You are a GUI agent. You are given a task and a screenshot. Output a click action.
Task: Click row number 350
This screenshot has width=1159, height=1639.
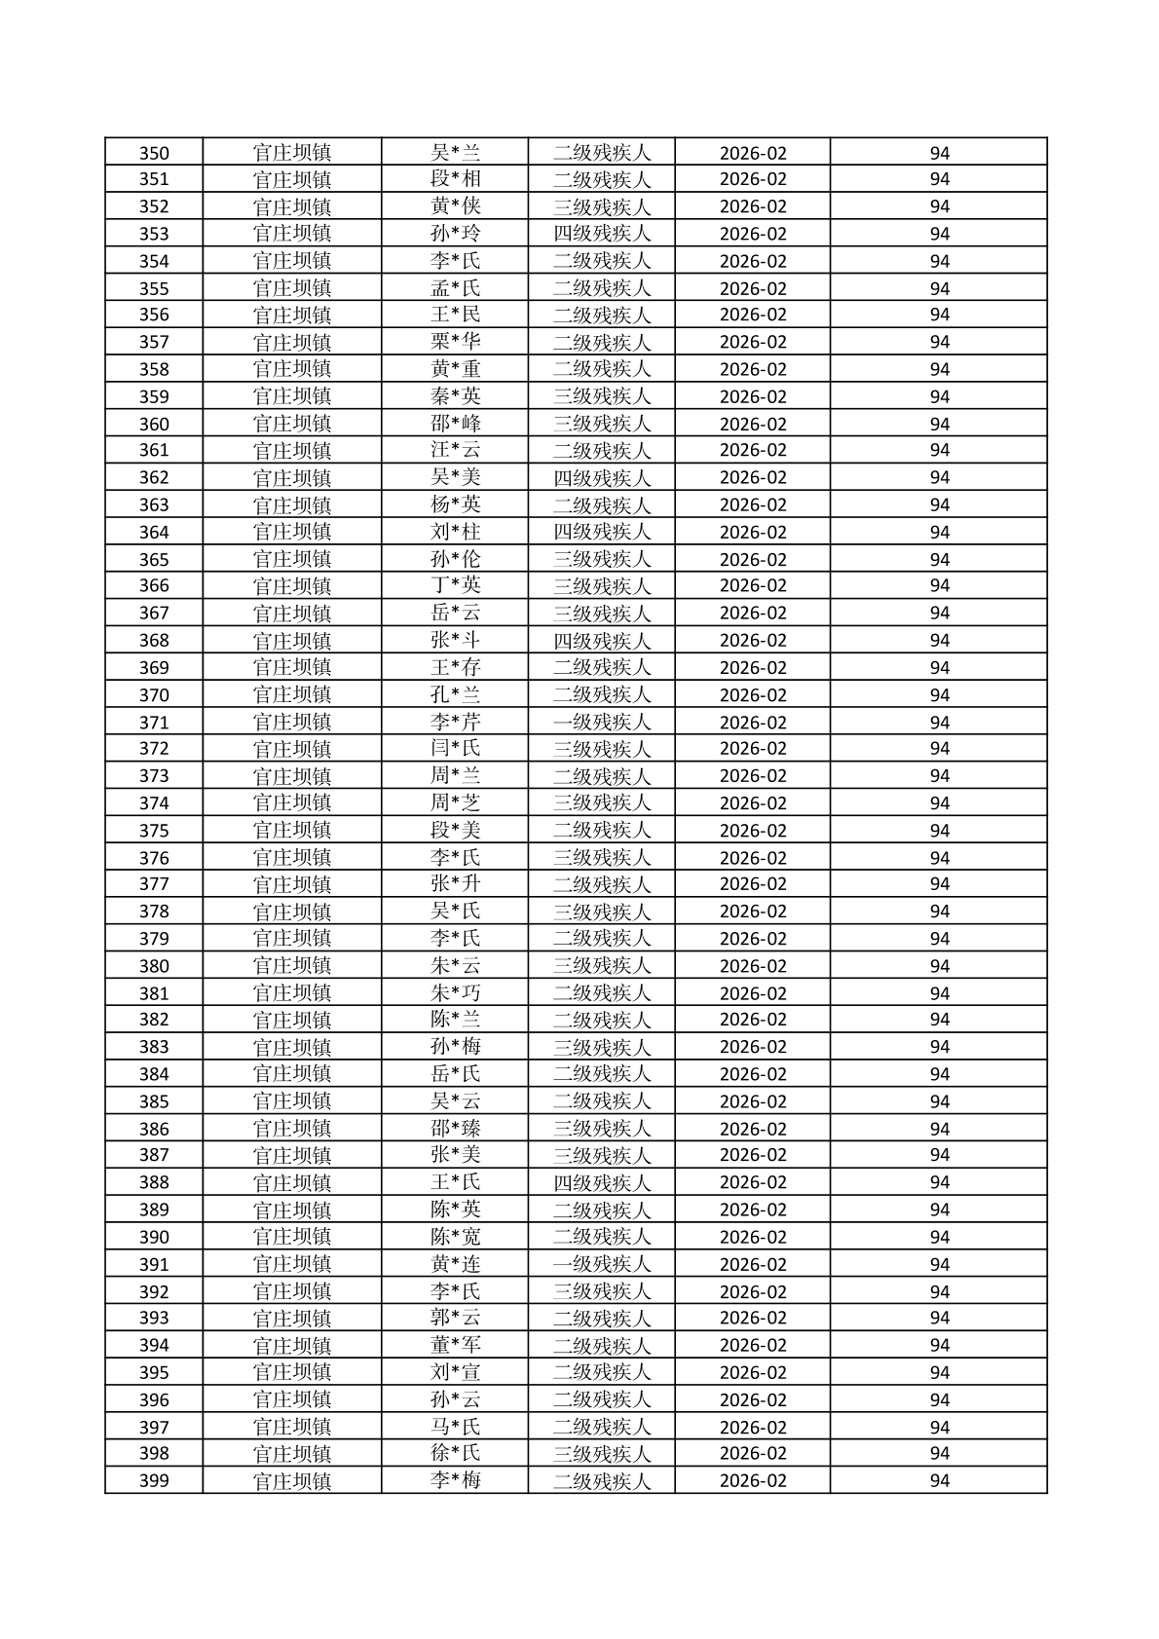pos(154,153)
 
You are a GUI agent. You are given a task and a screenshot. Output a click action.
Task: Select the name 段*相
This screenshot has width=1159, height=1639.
pos(455,179)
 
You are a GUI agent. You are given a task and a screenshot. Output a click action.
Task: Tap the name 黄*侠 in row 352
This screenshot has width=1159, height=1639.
pos(455,206)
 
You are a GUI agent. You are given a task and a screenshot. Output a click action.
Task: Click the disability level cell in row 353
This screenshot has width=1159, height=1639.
pos(601,234)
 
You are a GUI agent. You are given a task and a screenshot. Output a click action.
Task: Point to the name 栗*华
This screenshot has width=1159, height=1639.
pos(455,342)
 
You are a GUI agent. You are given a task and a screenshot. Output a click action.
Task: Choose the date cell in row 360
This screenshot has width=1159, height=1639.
pos(752,424)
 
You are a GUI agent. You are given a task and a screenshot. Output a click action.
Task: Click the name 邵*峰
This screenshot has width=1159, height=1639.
pos(455,424)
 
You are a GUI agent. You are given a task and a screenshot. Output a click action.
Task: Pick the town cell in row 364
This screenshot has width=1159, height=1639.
pos(291,532)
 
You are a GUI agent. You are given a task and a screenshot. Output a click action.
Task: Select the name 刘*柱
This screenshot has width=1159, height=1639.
pos(455,532)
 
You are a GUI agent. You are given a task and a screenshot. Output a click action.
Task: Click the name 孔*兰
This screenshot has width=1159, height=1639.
pos(455,694)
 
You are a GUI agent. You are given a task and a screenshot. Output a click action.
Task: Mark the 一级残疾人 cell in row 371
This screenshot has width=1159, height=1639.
pos(601,722)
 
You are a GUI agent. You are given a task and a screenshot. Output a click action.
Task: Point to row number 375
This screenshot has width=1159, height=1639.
pos(154,831)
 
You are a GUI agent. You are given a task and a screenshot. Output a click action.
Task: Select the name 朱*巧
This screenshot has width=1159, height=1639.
pos(455,993)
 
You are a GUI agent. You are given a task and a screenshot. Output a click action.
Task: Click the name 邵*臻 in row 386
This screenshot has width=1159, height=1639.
pos(455,1129)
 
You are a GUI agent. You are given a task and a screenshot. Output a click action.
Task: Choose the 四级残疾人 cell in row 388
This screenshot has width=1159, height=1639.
pos(601,1182)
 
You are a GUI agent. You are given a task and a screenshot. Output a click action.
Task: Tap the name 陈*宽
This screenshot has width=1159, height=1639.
pos(455,1237)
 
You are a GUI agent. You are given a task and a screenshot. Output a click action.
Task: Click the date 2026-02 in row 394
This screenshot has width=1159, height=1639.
pos(752,1345)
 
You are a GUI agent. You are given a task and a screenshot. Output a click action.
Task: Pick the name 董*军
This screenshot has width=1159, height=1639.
pos(455,1345)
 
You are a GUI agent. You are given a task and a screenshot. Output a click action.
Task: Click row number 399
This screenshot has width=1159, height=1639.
pos(154,1481)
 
